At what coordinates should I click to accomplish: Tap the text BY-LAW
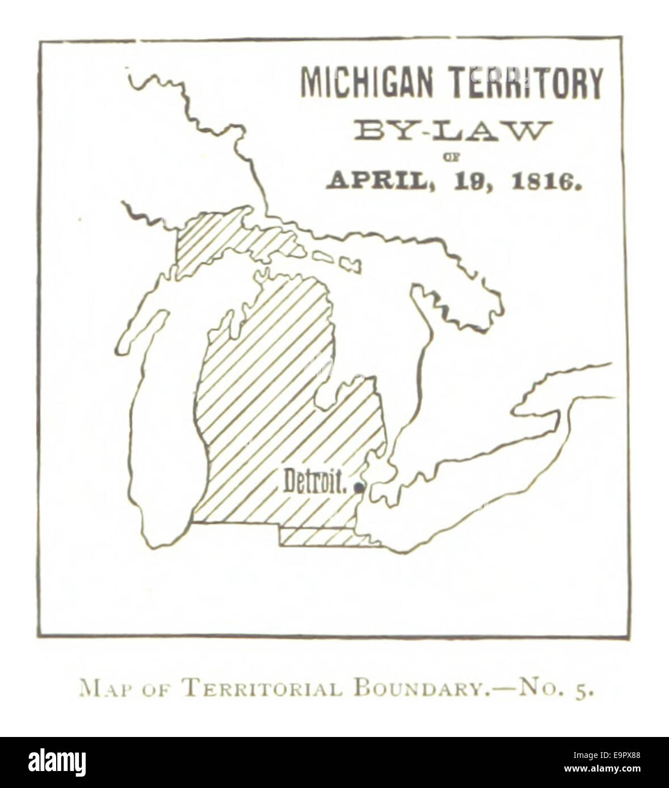pos(452,131)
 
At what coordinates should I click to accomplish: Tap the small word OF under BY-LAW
pos(452,154)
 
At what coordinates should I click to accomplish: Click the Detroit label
pos(315,482)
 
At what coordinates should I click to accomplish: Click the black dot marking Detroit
pos(358,486)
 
